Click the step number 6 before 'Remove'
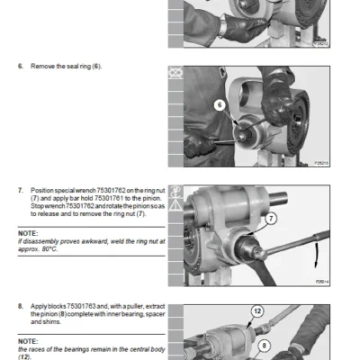[x=20, y=67]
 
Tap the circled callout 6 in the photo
[x=219, y=104]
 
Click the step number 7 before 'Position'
[x=20, y=191]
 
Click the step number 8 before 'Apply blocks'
[x=20, y=307]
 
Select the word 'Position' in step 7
[x=44, y=191]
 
